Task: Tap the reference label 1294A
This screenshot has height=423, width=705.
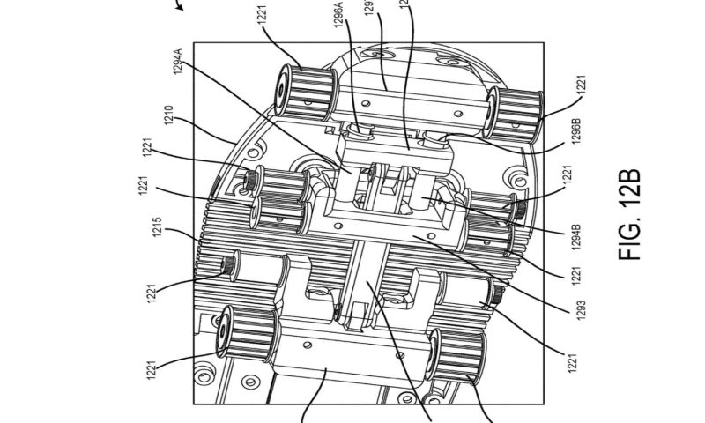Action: (x=179, y=66)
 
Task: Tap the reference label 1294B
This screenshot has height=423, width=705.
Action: (x=575, y=239)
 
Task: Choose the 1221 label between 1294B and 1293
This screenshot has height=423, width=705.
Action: (x=575, y=274)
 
